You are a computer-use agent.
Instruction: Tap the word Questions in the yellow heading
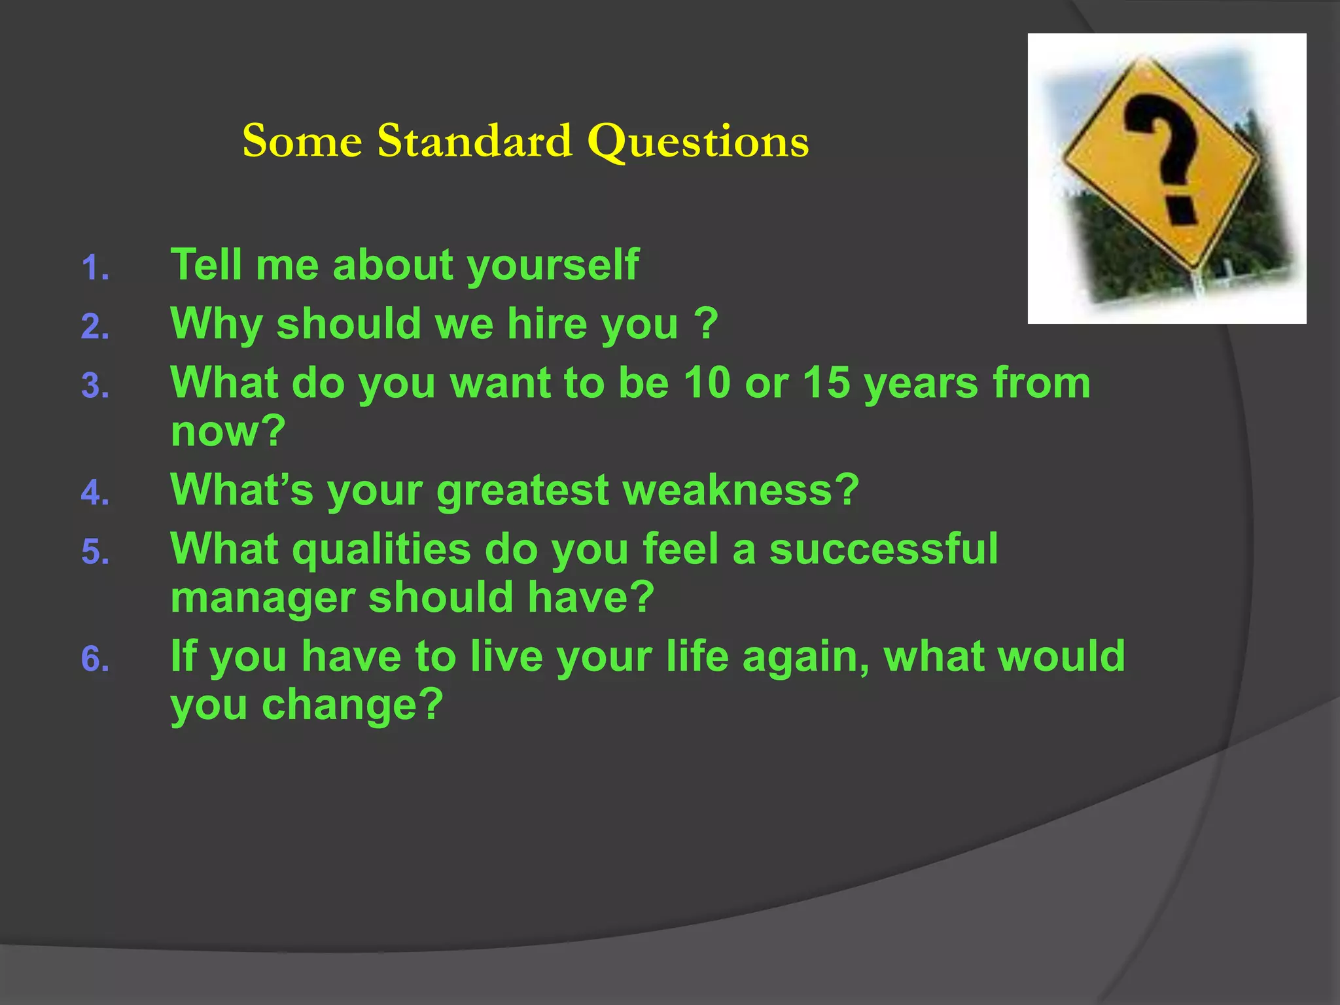(x=698, y=142)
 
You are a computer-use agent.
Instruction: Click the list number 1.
(x=95, y=268)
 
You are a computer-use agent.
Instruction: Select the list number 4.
(x=95, y=493)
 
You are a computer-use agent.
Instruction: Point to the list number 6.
(x=95, y=659)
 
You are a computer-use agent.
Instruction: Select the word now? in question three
(x=228, y=432)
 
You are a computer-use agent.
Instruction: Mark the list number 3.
(x=95, y=386)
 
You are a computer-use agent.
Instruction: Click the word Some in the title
(x=302, y=141)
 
